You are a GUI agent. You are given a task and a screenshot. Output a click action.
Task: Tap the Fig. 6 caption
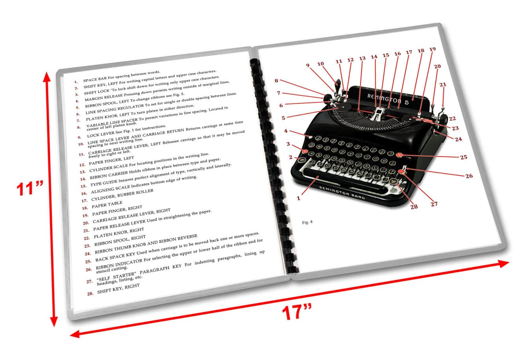(307, 222)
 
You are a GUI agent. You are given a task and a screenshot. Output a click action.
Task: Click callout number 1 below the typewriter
(298, 198)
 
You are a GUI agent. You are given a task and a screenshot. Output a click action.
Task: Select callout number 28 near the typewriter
(414, 206)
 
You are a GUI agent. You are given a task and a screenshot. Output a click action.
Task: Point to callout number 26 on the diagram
(469, 176)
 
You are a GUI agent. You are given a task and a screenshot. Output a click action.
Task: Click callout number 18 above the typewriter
(420, 51)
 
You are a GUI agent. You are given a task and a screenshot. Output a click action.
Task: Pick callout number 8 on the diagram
(277, 81)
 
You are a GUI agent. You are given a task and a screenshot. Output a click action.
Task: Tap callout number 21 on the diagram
(443, 84)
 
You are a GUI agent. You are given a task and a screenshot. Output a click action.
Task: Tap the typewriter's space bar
(343, 179)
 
